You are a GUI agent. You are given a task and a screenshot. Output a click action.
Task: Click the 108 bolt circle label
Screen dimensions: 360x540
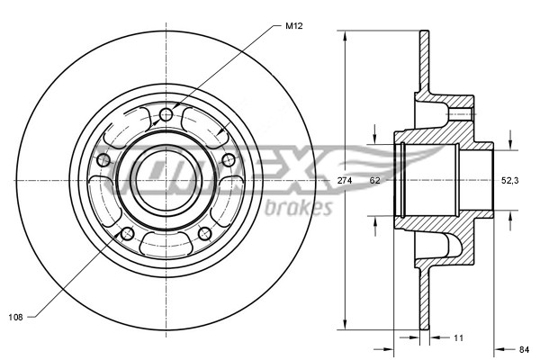coord(16,316)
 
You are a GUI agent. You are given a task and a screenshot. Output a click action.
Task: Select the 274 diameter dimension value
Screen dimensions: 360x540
coord(344,181)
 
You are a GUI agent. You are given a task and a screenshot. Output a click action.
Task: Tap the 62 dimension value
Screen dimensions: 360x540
coord(375,181)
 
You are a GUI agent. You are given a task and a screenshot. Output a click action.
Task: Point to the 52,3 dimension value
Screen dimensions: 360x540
coord(509,181)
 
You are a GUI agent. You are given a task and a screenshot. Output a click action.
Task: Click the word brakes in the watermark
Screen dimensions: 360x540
coord(300,208)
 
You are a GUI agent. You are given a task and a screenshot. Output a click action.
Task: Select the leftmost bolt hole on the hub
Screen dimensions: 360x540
coord(103,160)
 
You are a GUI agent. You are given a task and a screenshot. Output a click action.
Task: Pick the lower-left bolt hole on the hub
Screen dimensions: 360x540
coord(127,233)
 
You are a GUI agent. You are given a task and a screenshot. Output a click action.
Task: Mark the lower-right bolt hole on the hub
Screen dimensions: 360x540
coord(204,234)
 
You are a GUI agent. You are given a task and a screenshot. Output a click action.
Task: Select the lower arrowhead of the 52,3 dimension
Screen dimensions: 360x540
coord(510,214)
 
